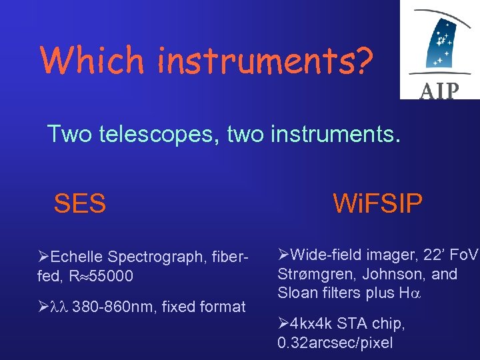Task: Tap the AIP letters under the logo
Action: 439,91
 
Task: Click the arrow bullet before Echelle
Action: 43,257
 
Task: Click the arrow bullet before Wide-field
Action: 283,254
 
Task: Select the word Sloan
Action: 297,293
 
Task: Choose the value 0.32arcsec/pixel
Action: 335,343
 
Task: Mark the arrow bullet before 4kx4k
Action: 283,324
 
